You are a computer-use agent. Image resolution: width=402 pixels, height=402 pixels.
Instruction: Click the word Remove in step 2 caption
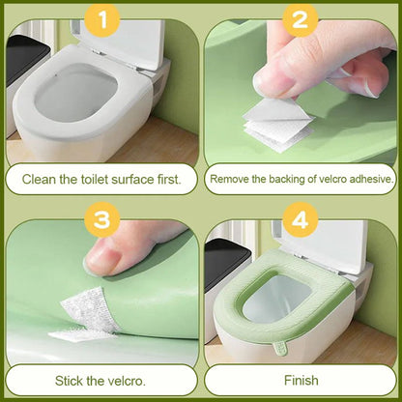(232, 178)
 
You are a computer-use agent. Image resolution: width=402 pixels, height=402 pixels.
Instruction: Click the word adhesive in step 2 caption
(364, 178)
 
